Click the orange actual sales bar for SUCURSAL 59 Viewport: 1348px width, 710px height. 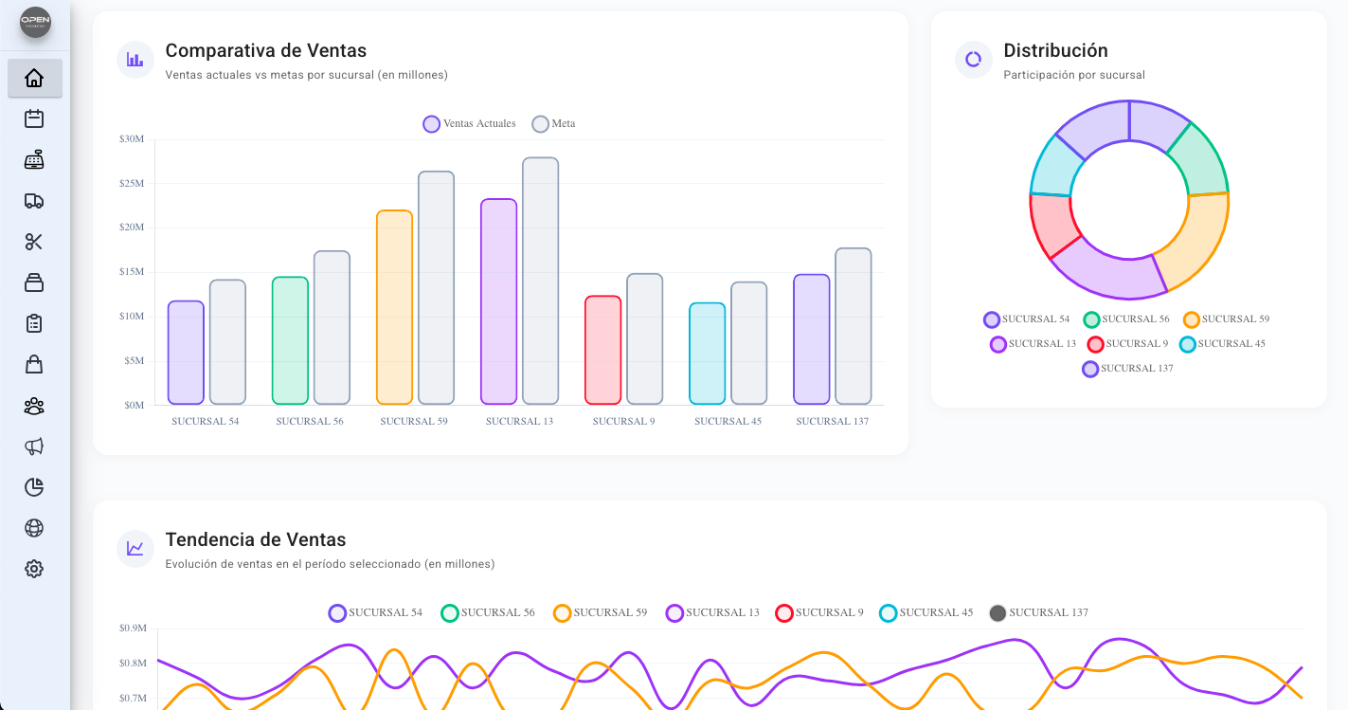click(394, 307)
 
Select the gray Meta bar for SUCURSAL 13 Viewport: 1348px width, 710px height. click(540, 281)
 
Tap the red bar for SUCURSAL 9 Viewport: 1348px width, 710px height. click(602, 350)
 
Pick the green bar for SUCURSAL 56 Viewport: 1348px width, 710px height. click(290, 340)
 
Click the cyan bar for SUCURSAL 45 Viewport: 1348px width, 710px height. click(707, 354)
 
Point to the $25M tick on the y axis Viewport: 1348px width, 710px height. click(132, 183)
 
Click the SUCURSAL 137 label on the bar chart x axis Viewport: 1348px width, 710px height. click(832, 421)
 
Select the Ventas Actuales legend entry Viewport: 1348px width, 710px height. click(470, 124)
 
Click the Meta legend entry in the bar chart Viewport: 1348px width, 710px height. click(554, 124)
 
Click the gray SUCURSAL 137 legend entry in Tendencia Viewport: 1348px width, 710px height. click(1038, 613)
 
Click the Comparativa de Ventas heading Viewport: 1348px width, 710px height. click(265, 51)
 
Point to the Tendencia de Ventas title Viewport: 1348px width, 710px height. click(256, 540)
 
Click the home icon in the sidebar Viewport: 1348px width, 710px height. click(34, 79)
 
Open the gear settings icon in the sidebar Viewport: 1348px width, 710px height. click(34, 569)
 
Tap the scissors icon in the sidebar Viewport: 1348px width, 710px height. click(34, 242)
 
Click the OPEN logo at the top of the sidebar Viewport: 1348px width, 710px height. click(35, 23)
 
